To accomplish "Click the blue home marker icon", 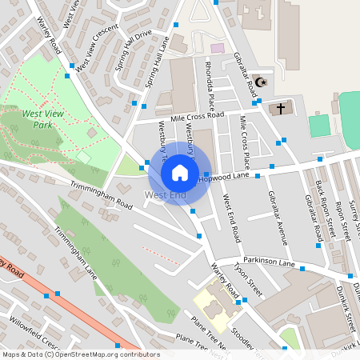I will [x=180, y=172].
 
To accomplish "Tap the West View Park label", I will [x=43, y=118].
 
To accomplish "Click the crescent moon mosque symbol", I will [x=261, y=82].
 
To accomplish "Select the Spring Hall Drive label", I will [x=133, y=50].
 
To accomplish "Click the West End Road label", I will [x=232, y=219].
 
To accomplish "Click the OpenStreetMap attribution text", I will [x=80, y=354].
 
